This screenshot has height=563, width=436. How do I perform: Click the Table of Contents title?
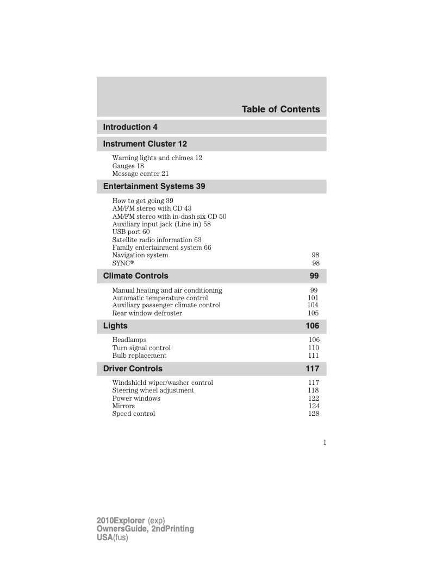pos(281,110)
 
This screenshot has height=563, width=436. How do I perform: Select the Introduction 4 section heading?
pos(130,127)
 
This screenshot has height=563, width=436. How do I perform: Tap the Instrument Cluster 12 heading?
pos(145,144)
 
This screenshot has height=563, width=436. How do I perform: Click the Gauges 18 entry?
pos(128,166)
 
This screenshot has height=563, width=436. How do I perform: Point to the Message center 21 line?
pos(140,174)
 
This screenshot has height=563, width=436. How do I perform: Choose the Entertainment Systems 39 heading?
pos(154,186)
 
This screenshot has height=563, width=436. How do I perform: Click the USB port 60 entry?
pos(130,232)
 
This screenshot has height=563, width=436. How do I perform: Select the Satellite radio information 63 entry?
pos(157,239)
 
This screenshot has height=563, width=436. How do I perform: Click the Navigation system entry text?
pos(140,255)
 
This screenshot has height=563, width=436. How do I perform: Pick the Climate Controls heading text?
pos(136,276)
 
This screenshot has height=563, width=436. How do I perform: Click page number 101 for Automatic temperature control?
pos(313,298)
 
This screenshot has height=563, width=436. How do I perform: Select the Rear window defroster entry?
pos(147,313)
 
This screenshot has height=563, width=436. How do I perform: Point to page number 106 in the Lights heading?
pos(312,326)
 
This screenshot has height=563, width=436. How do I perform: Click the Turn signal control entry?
pos(141,348)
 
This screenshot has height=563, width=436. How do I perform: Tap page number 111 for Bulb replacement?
pos(313,356)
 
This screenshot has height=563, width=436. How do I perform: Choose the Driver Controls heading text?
pos(133,369)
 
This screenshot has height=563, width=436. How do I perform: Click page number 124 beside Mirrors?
pos(314,406)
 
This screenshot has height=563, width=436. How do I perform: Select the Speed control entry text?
pos(134,414)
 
